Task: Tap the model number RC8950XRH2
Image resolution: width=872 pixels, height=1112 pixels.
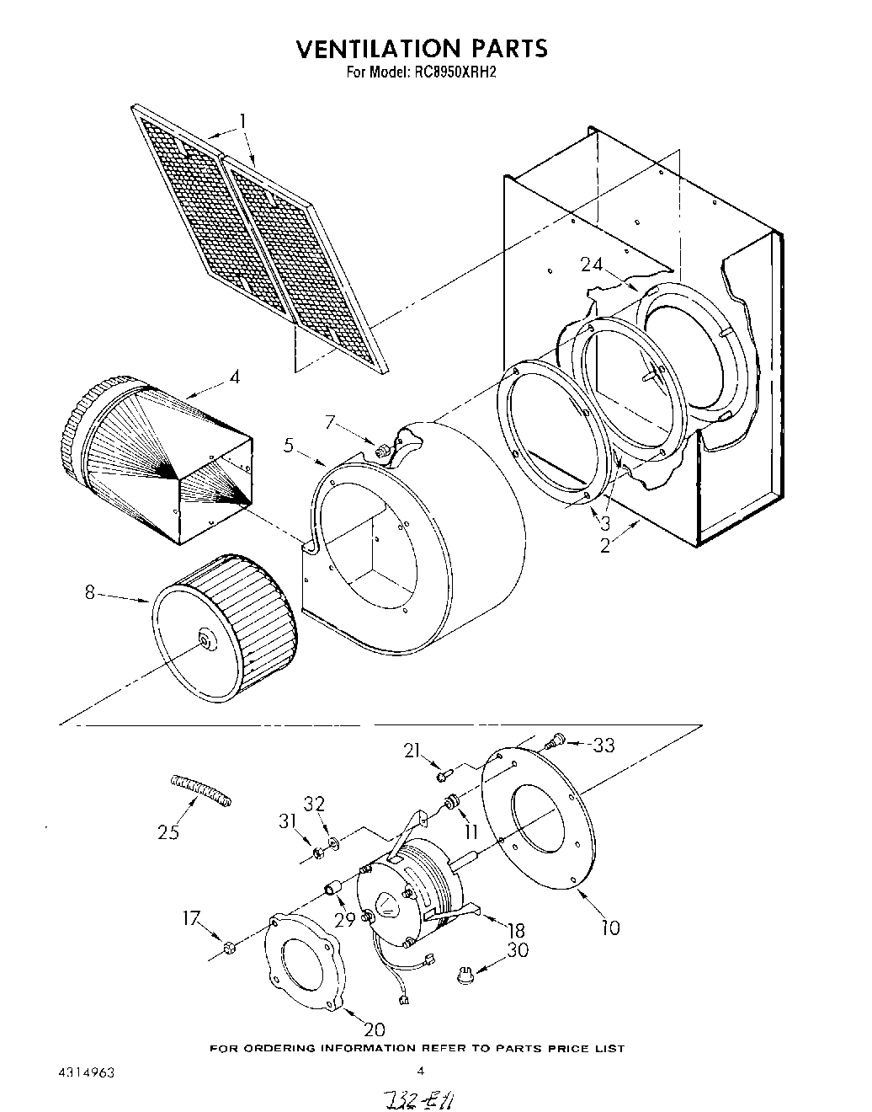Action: pos(454,72)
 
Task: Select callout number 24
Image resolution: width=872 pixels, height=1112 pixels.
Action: pos(592,265)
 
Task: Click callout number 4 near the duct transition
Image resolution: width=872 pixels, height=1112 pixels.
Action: pos(234,377)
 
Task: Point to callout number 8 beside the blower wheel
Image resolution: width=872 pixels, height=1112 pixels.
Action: pos(90,592)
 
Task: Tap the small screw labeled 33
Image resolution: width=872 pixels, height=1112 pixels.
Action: pos(553,741)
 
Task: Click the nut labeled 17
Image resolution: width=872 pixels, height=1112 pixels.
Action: pos(228,950)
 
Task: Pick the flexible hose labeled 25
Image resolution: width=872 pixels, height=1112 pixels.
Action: pos(200,790)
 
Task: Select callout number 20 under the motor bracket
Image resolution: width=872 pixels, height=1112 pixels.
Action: pos(374,1029)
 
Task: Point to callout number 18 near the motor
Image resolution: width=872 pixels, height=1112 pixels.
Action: pos(515,930)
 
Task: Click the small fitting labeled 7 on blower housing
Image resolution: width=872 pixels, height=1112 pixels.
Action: pos(384,451)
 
